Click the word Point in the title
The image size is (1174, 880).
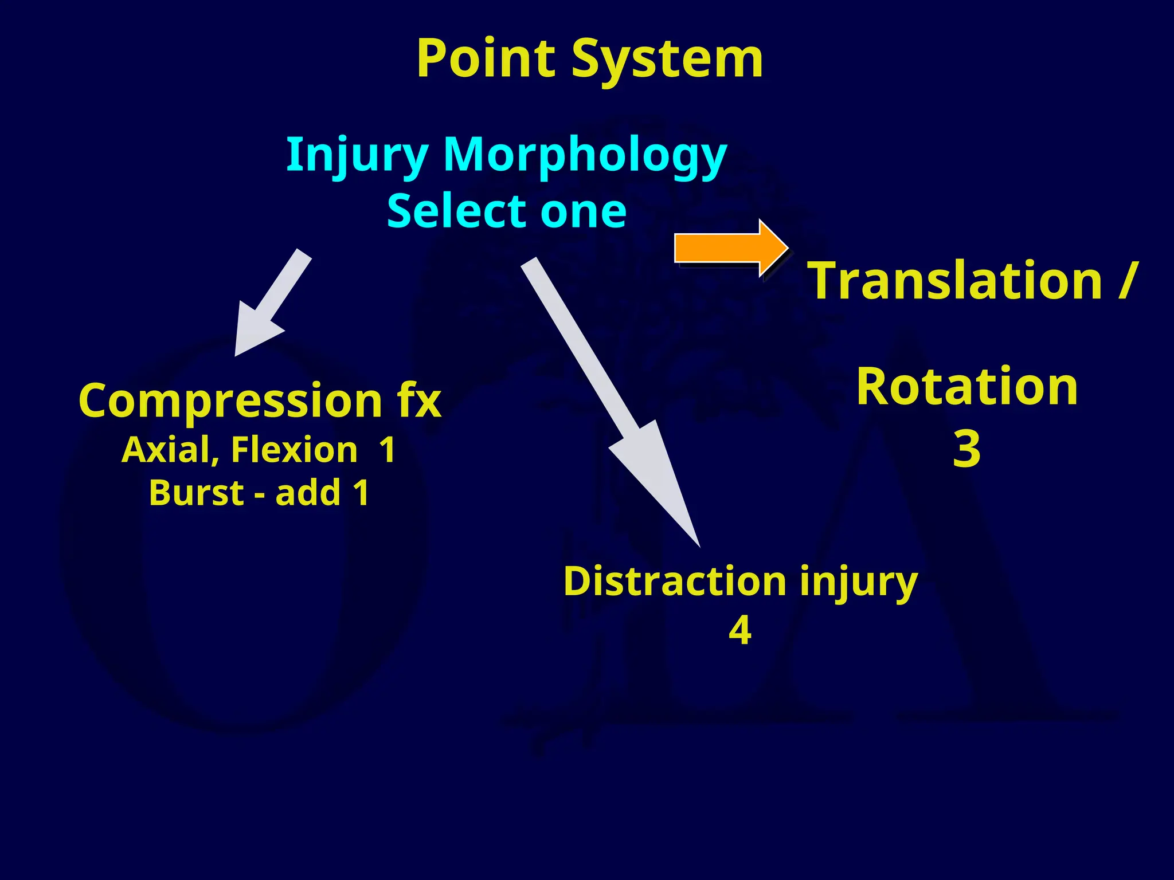[486, 59]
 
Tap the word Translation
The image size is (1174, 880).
[955, 281]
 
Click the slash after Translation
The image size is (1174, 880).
[1126, 281]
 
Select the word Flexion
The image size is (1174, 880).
[294, 450]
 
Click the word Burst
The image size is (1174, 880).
[196, 493]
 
